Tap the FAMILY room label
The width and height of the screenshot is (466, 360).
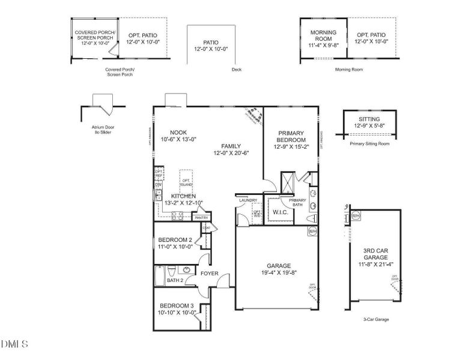pos(231,146)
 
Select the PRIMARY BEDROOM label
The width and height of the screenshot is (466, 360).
pos(290,136)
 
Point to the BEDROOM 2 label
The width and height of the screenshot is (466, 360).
pos(175,239)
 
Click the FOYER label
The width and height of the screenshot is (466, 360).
pos(210,273)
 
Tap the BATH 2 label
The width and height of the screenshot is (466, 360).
pos(175,280)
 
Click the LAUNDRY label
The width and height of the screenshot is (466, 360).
pos(249,200)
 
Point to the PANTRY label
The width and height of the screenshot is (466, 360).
pos(201,218)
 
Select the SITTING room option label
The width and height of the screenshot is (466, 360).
pos(369,119)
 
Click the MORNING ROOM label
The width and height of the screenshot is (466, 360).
pos(323,35)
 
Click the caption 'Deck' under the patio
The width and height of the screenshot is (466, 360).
pos(236,70)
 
